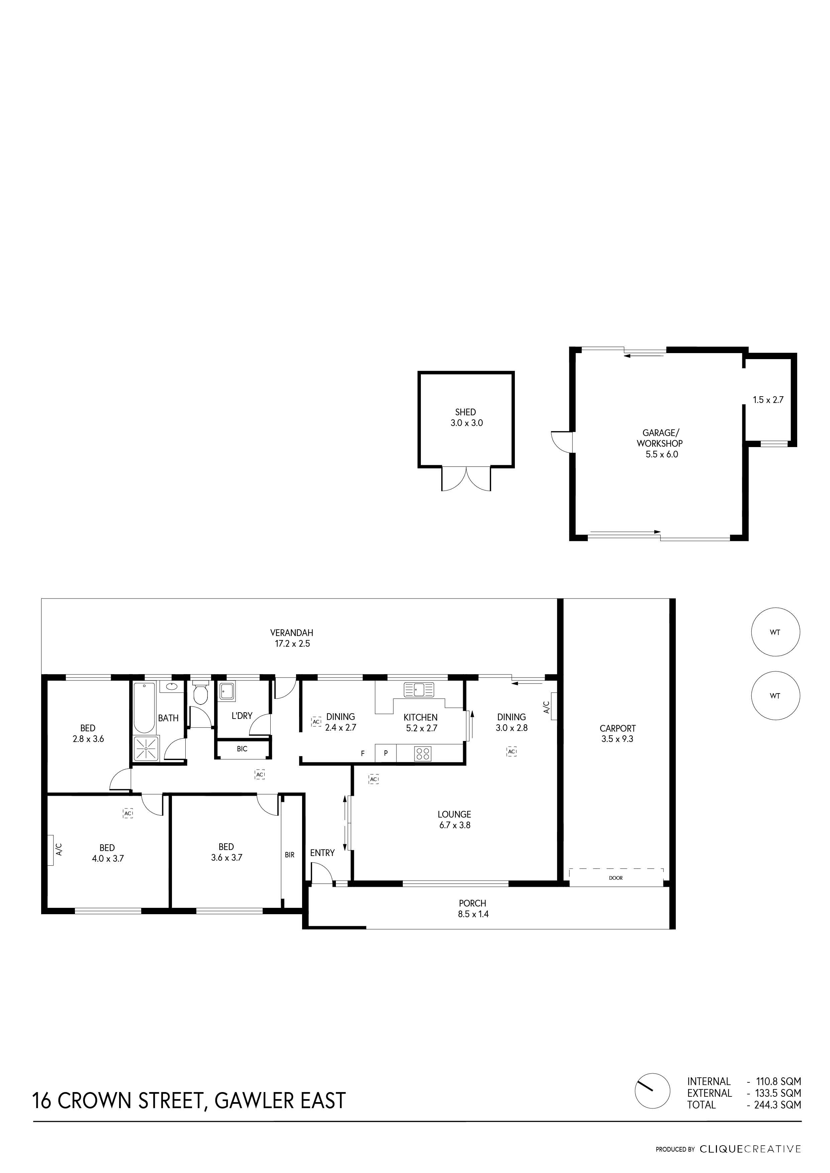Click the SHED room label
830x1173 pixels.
pos(466,412)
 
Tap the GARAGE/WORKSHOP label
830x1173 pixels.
pos(660,438)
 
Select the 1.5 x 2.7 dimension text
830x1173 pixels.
pos(768,400)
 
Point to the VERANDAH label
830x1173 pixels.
pos(292,633)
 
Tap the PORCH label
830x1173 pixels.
pos(473,903)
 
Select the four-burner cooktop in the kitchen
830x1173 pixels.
pos(423,754)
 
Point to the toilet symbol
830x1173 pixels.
pos(201,691)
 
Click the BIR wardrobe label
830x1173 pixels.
pos(290,854)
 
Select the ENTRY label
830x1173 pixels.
pos(322,853)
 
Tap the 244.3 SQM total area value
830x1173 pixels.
pos(778,1104)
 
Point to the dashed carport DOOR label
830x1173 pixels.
pos(616,878)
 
